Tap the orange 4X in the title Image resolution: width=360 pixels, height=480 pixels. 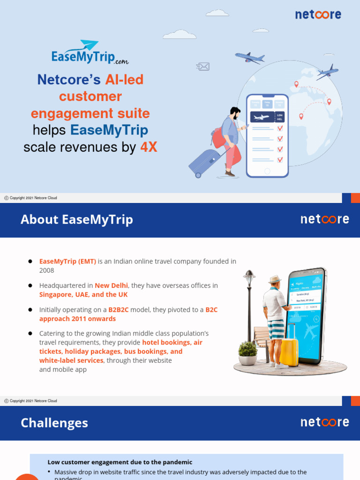(149, 147)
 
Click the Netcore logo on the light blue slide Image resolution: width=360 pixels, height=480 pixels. (318, 15)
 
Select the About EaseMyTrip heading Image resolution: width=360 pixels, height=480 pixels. (77, 219)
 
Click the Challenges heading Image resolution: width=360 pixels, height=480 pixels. (54, 423)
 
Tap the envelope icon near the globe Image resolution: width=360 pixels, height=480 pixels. (203, 67)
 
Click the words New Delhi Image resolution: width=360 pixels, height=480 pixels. (112, 285)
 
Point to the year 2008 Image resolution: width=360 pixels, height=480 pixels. (47, 270)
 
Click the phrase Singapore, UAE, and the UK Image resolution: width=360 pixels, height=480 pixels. (83, 295)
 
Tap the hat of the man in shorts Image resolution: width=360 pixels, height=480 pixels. (274, 279)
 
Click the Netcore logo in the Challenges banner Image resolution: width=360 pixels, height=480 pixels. (324, 422)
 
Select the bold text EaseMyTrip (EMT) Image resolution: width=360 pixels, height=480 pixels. (67, 262)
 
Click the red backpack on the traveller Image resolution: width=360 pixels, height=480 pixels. (218, 137)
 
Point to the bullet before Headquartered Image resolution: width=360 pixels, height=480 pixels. (30, 285)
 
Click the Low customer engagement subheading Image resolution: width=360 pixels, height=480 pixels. (120, 462)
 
